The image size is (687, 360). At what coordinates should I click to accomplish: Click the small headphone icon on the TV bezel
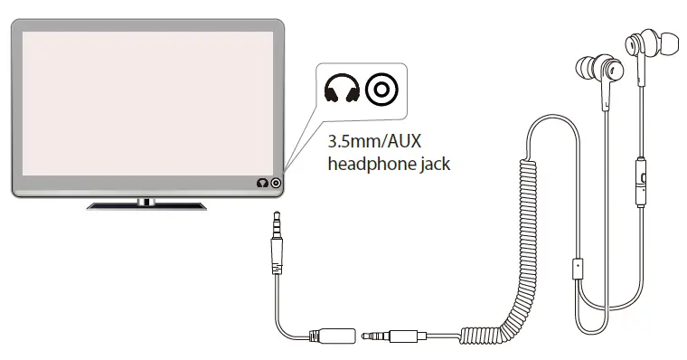[x=262, y=184]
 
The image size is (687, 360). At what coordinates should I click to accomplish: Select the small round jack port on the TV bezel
[x=275, y=184]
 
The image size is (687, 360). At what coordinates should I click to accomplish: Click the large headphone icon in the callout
[x=341, y=90]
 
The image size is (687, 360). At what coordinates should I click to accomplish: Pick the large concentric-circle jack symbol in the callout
[x=381, y=90]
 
